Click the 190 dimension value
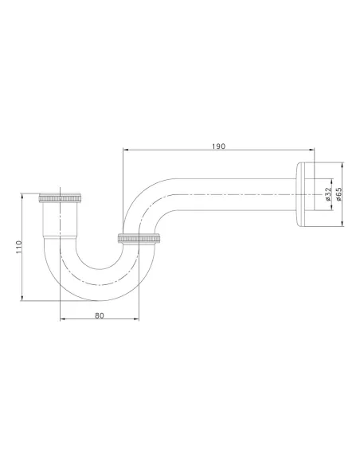point(219,146)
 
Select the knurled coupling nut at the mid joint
point(140,237)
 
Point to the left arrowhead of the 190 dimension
point(124,151)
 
